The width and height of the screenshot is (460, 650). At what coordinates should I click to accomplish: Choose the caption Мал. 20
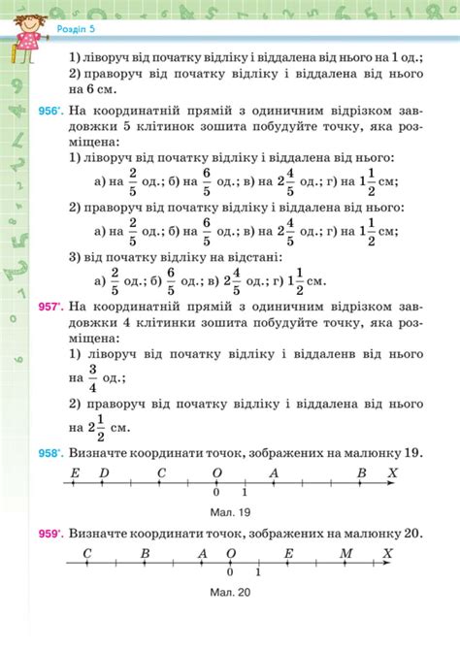tap(230, 592)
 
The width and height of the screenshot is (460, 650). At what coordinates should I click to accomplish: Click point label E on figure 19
tap(75, 472)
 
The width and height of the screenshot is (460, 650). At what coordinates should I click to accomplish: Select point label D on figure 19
tap(105, 472)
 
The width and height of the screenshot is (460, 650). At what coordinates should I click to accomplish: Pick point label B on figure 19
tap(361, 472)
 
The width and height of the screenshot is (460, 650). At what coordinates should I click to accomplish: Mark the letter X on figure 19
tap(392, 472)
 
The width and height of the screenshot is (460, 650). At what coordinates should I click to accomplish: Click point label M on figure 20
tap(346, 553)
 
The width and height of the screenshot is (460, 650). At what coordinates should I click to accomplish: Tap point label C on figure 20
tap(86, 553)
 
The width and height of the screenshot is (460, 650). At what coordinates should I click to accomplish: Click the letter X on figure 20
tap(388, 553)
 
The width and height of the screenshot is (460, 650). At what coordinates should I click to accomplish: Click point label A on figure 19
tap(275, 472)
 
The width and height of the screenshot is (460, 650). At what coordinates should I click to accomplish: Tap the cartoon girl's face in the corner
tap(22, 21)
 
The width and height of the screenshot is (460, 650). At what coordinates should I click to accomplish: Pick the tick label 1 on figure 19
tap(245, 493)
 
